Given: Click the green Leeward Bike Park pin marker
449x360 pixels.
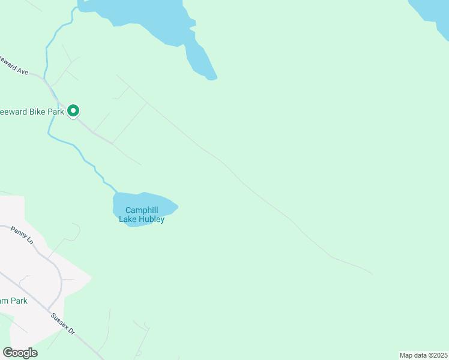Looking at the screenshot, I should tap(74, 111).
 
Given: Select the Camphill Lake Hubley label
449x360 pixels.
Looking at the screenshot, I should tap(142, 214).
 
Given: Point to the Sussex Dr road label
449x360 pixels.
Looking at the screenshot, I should tap(62, 323).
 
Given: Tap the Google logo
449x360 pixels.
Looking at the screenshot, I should tap(20, 353).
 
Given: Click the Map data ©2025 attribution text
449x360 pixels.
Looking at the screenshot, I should tap(423, 355).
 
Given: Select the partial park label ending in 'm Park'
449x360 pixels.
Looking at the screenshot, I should tap(13, 301).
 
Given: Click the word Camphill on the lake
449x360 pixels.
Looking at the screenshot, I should tap(142, 210).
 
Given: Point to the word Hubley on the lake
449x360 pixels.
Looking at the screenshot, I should tap(152, 219).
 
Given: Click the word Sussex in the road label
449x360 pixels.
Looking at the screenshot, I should tap(59, 320).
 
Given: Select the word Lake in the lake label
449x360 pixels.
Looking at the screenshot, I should tap(127, 219).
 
